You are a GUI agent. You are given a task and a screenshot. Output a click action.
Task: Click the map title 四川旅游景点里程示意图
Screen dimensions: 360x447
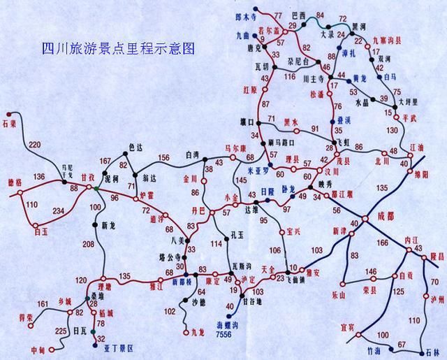click(117, 49)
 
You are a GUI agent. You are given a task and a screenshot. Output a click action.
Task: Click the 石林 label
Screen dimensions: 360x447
click(432, 354)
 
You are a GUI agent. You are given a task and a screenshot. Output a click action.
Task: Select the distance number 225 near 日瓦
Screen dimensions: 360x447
click(61, 331)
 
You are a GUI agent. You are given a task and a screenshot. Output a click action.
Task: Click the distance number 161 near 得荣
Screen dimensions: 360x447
click(42, 304)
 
